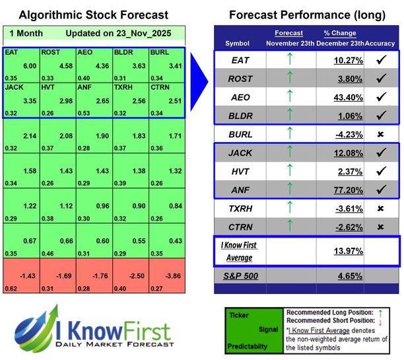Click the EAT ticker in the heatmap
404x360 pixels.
(x=11, y=52)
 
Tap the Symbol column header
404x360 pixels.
(x=238, y=43)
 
